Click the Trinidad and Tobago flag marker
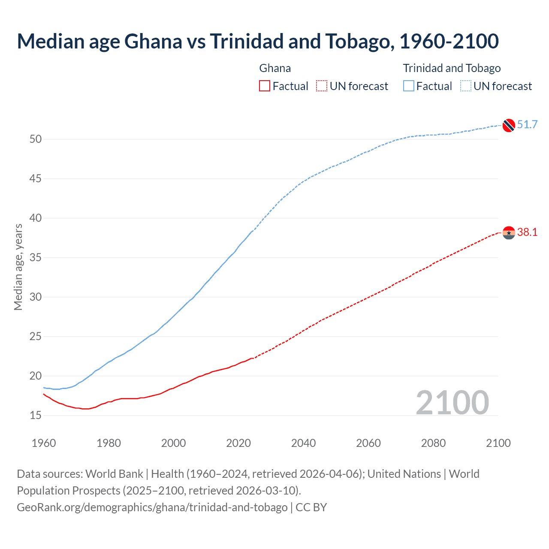[x=508, y=125]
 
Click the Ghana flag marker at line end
[x=508, y=232]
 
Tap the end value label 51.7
[x=527, y=125]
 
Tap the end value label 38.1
[x=527, y=232]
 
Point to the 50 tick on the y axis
[x=36, y=139]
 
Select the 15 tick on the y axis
[x=36, y=415]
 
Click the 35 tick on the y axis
[x=36, y=257]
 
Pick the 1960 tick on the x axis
[x=44, y=443]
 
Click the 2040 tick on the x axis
[x=303, y=443]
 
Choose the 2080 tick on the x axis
[x=433, y=443]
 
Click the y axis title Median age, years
[x=18, y=267]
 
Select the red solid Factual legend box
[x=265, y=86]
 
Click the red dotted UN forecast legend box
[x=322, y=86]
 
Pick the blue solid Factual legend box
[x=409, y=86]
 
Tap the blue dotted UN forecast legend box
[x=466, y=86]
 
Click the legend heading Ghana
[x=275, y=68]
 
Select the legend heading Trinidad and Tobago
[x=452, y=68]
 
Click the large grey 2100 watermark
[x=452, y=402]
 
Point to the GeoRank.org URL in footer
[x=152, y=507]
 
